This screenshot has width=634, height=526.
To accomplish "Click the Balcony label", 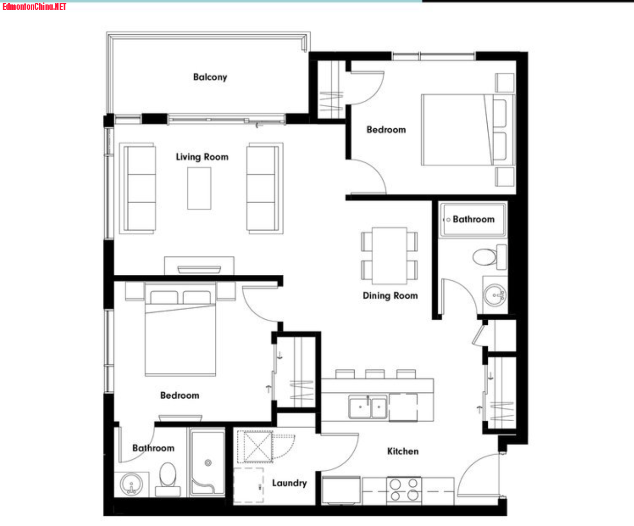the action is tap(210, 77).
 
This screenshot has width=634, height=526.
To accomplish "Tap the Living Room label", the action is tap(202, 157).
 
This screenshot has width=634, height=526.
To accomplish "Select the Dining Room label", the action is tap(390, 295).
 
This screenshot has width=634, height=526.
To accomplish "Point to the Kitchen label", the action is tap(403, 451).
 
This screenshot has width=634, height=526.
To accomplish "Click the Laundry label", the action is tap(290, 483).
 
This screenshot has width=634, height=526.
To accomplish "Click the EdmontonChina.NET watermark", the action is tap(34, 6).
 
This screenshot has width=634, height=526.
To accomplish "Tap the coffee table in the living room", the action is tap(199, 188).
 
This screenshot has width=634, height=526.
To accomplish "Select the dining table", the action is tap(389, 256).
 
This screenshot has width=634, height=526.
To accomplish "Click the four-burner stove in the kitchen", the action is tap(404, 490).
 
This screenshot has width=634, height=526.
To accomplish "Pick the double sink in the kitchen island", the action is tap(368, 407).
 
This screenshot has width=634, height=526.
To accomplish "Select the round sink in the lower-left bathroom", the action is tap(132, 484).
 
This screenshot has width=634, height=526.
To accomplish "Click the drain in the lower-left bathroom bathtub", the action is tap(208, 463).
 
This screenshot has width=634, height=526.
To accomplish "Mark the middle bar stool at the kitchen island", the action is tap(375, 374).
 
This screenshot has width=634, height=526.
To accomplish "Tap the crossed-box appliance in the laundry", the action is tap(255, 447).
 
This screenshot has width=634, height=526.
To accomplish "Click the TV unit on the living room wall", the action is tap(199, 266).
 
